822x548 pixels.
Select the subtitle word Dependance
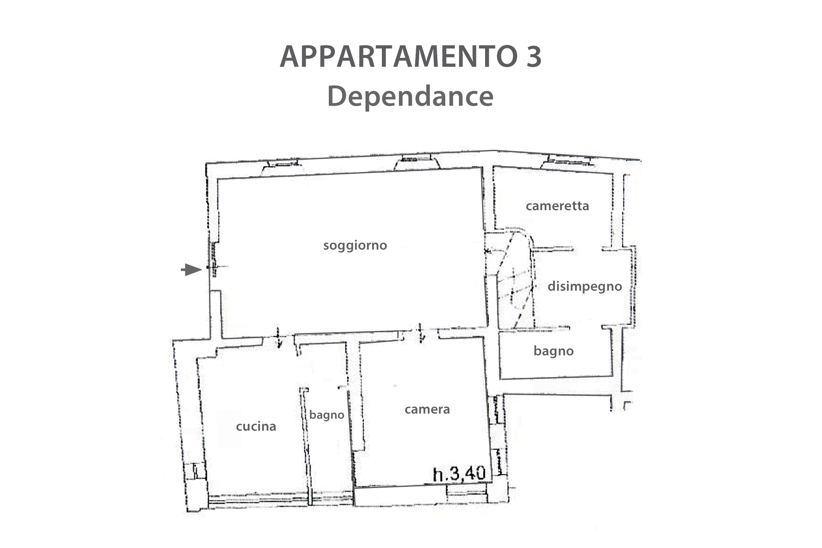click(x=410, y=96)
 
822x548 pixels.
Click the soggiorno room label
click(x=355, y=246)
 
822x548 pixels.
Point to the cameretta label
click(x=557, y=206)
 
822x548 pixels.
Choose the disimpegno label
click(x=585, y=286)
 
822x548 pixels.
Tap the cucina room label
click(x=256, y=426)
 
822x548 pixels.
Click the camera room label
click(x=427, y=409)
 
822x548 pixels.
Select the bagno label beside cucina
click(x=327, y=415)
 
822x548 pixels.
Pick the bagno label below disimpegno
click(x=554, y=351)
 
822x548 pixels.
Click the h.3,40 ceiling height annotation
click(x=459, y=474)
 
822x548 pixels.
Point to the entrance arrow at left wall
click(x=191, y=270)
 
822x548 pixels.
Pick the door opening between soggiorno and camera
click(x=421, y=333)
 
